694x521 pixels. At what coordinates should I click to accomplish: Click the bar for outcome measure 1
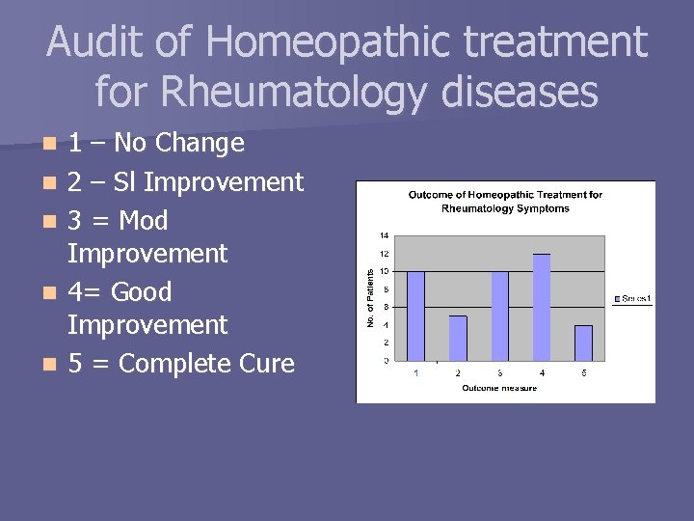coord(415,315)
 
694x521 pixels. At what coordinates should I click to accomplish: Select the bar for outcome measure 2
coord(458,338)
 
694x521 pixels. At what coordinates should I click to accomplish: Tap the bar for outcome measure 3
coord(499,315)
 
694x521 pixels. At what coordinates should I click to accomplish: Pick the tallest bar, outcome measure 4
coord(542,307)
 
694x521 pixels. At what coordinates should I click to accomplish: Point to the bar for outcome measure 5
coord(583,343)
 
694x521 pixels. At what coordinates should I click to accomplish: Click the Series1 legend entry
coord(632,299)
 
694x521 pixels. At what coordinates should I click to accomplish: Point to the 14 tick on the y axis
coord(384,235)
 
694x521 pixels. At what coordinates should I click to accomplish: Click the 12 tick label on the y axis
coord(384,254)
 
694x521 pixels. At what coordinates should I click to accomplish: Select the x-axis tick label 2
coord(458,372)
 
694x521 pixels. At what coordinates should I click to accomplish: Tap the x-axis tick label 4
coord(542,372)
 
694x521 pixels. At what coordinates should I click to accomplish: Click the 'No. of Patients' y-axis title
coord(371,297)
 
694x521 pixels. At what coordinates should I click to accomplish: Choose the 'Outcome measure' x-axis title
coord(499,388)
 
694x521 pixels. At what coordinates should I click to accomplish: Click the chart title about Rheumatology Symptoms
coord(505,201)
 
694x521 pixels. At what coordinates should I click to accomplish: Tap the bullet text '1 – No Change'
coord(155,144)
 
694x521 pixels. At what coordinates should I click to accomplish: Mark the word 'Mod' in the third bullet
coord(144,221)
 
